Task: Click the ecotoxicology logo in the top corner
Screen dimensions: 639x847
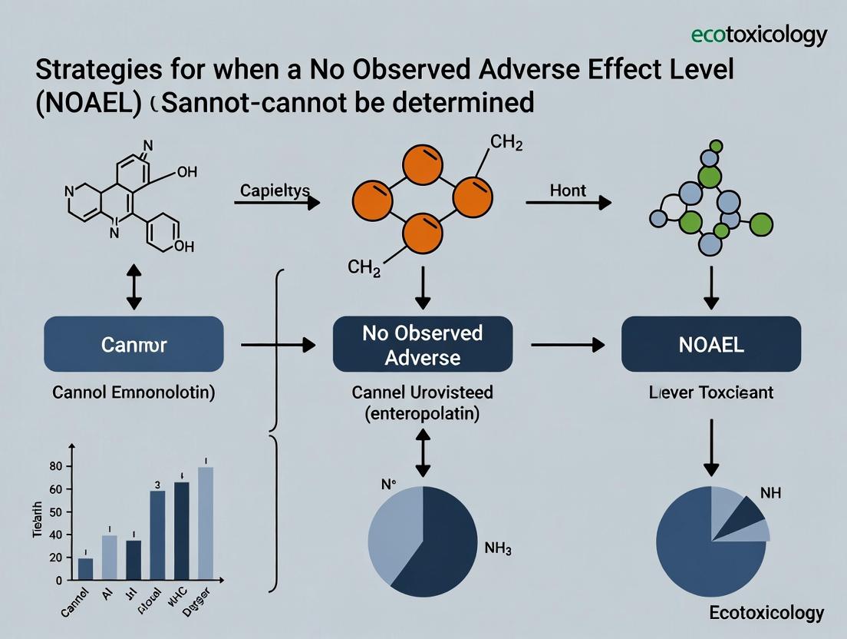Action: tap(759, 35)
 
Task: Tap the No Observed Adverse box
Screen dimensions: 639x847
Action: tap(422, 345)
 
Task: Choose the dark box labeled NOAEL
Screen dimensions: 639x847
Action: tap(711, 345)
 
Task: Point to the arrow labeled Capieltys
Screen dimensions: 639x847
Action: tap(276, 203)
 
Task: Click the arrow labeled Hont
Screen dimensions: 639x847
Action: tap(569, 203)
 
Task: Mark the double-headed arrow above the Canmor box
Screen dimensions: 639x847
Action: tap(134, 286)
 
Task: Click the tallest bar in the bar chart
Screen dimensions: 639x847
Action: tap(205, 522)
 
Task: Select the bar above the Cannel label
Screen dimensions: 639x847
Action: tap(85, 568)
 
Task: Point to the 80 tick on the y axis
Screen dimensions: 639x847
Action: tap(54, 466)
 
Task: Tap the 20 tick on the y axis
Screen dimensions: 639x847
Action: tap(54, 558)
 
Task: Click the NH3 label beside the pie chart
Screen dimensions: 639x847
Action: tap(498, 548)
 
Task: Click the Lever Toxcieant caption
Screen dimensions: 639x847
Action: tap(710, 393)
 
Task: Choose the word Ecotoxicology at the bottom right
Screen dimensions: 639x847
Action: tap(765, 612)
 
